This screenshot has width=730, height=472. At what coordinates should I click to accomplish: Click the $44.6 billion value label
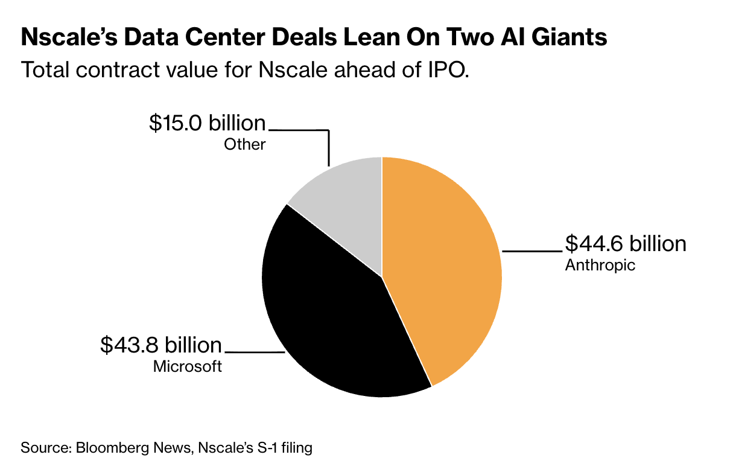click(626, 243)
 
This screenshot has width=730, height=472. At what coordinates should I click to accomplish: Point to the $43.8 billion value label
click(161, 345)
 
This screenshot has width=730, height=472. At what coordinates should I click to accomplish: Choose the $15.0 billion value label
click(208, 123)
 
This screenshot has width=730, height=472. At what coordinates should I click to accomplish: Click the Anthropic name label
click(600, 266)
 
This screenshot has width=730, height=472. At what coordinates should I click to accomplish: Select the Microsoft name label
click(188, 366)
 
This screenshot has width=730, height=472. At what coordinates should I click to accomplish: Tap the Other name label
click(245, 144)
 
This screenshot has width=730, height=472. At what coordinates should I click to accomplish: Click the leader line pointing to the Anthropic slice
click(532, 251)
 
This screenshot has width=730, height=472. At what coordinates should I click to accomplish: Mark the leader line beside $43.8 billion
click(255, 352)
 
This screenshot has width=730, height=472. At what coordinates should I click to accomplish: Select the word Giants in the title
click(569, 37)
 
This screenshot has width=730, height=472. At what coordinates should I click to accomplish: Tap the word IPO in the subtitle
click(448, 70)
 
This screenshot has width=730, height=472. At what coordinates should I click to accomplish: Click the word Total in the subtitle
click(45, 70)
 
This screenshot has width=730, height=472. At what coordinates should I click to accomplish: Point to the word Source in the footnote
click(46, 448)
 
